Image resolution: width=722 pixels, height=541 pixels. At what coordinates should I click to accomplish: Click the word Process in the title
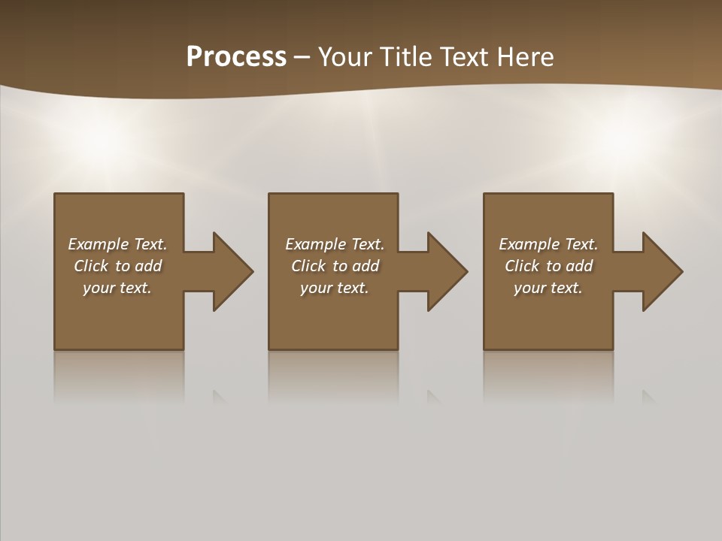[x=236, y=56]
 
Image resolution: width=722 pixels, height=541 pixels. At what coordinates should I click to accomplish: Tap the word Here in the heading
[x=526, y=56]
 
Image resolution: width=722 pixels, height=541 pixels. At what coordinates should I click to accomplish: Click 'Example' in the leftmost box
[x=99, y=244]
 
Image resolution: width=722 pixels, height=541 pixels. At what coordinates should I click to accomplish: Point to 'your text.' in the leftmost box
[x=117, y=288]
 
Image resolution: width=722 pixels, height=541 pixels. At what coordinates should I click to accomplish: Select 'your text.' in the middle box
[x=335, y=288]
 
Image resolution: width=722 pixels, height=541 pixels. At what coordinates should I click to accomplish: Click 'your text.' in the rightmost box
[x=548, y=288]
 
